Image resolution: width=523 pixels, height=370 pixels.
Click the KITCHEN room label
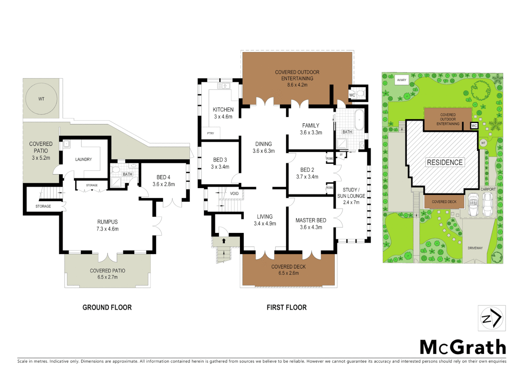[x=223, y=110]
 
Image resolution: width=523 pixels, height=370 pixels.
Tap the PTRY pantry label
[x=211, y=133]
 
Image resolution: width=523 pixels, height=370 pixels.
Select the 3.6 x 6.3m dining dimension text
[x=264, y=151]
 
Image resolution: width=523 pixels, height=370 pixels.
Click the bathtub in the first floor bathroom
[x=359, y=120]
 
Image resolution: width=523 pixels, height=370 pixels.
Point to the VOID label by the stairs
[x=234, y=194]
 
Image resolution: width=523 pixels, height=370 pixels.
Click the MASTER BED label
[x=311, y=220]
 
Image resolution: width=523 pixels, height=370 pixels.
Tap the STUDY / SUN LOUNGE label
[x=351, y=193]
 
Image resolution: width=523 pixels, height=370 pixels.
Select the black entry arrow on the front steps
[x=224, y=241]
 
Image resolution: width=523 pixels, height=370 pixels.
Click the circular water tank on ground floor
[x=41, y=99]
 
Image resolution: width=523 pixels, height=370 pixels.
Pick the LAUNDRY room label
[x=84, y=159]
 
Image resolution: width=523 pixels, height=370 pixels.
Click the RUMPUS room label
[x=107, y=222]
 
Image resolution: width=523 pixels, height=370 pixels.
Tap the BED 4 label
[x=163, y=177]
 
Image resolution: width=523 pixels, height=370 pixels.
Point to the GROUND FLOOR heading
[x=107, y=307]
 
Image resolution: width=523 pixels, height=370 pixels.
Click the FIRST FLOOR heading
[x=286, y=307]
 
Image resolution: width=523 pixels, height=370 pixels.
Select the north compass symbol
[x=492, y=318]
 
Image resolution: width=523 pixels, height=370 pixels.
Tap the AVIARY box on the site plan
[x=401, y=80]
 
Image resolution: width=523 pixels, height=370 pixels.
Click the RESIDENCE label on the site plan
[x=445, y=162]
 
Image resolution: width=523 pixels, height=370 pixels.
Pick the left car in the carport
[x=473, y=205]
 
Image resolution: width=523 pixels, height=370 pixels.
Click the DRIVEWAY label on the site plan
[x=475, y=248]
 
